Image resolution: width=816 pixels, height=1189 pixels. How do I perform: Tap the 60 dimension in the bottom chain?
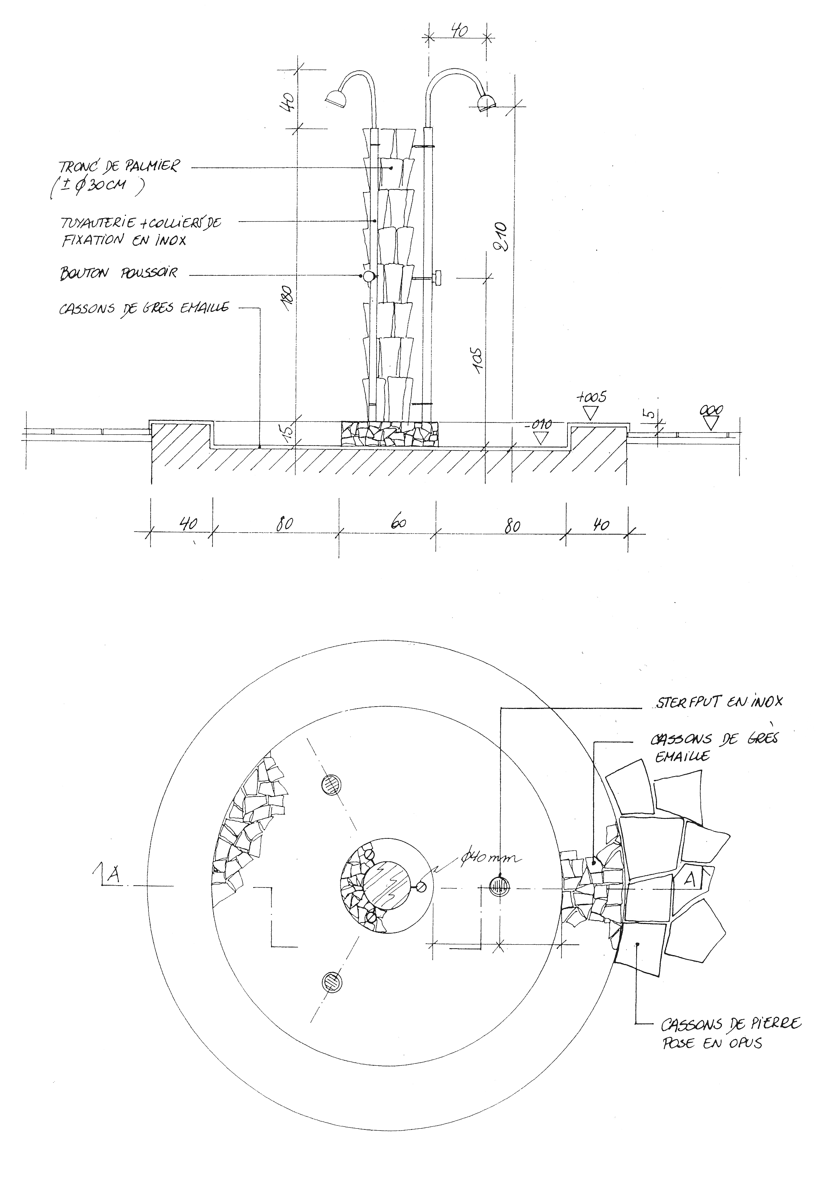(x=398, y=523)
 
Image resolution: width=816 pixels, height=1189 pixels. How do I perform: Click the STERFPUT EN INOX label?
(x=719, y=702)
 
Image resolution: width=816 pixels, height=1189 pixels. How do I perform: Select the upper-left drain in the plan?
(x=331, y=784)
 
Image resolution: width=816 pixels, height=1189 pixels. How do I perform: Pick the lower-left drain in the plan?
(x=331, y=982)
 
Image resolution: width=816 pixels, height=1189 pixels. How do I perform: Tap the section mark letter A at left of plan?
(x=114, y=876)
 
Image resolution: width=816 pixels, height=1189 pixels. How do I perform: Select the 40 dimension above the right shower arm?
(x=459, y=31)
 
